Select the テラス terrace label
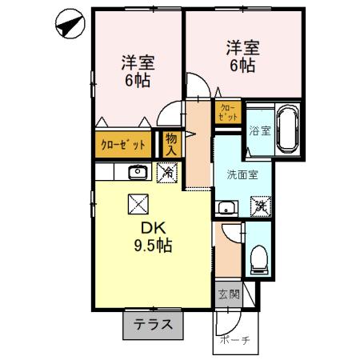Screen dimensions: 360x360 (153, 325)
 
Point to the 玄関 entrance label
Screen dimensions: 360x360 (228, 294)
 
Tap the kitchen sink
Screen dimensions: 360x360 (137, 171)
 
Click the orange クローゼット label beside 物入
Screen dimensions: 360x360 (123, 145)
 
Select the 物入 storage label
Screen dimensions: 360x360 (171, 144)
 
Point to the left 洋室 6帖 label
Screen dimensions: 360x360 (138, 70)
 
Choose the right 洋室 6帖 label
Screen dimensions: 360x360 (239, 57)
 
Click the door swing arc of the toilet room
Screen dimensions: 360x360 (232, 232)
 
